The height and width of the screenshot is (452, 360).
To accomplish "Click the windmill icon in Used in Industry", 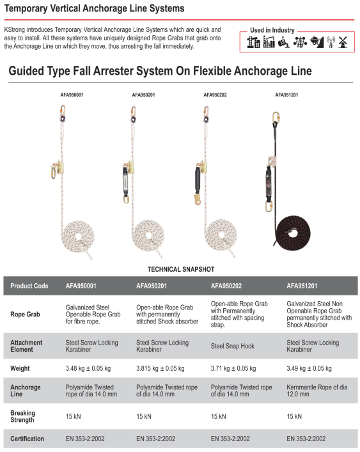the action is coord(343,42).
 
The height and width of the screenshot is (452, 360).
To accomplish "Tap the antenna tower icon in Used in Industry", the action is coord(331,42).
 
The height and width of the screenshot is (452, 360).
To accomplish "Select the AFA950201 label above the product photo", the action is coord(143,95).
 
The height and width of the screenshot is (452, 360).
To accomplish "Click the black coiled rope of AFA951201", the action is coord(292,232).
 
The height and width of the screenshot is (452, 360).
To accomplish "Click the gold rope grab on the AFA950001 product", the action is coord(59,168).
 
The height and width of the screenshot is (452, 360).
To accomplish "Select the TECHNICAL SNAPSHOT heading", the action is coord(181,269).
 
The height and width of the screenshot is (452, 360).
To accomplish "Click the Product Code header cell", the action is coord(29,286).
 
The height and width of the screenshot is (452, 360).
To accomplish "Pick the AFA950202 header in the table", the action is coord(226,286).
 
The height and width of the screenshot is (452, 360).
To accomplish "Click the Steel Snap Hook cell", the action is coord(233,346).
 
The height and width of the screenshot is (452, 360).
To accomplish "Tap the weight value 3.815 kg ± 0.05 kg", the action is coord(160,368).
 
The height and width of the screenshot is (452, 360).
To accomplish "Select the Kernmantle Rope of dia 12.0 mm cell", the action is coord(317,391).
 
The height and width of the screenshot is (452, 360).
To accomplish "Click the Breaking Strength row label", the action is coord(23,416).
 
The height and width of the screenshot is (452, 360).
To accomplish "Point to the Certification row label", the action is coord(27,439).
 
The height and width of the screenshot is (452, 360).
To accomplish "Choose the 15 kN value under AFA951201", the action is coord(294,416).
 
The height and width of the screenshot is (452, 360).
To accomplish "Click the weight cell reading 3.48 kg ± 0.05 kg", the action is coord(88,368).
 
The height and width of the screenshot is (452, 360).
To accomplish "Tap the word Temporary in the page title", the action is coord(26,9).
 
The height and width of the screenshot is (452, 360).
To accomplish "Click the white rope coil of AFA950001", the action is coord(77,238).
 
